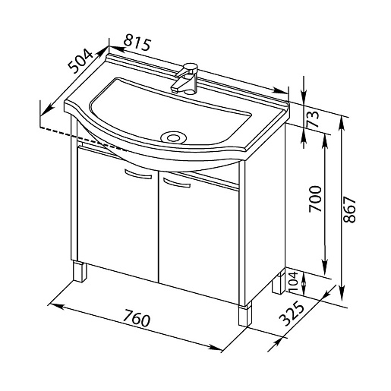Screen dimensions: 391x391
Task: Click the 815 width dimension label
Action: tap(137, 44)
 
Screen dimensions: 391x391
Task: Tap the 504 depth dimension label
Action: tap(80, 61)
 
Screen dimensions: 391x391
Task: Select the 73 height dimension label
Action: tap(312, 119)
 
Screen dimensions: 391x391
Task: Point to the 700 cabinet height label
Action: tap(315, 199)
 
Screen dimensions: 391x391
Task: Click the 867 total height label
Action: tap(349, 210)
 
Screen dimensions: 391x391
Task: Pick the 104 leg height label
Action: tap(293, 282)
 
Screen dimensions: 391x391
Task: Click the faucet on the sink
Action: tap(186, 78)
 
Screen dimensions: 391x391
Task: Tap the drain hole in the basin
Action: tap(174, 137)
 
